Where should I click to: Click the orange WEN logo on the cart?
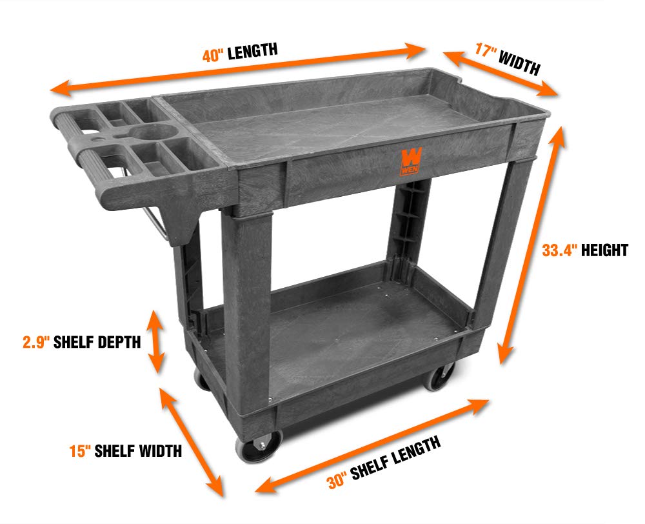tap(410, 162)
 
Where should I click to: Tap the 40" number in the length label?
tap(213, 55)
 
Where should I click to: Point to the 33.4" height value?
tap(559, 250)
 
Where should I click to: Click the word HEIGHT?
tap(605, 250)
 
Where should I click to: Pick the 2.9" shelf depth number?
tap(36, 342)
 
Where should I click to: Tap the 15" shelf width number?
tap(80, 451)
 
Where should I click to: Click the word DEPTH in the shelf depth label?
tap(119, 342)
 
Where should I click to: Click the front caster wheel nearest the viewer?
tap(259, 446)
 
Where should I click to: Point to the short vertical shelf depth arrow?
tap(156, 341)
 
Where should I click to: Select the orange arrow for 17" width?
tap(501, 74)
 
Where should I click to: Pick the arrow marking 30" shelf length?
tap(372, 446)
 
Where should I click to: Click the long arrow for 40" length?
tap(238, 69)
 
